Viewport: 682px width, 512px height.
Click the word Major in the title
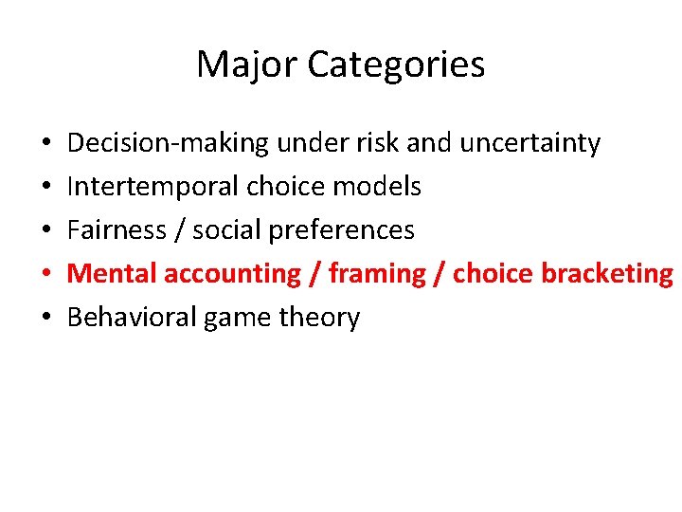247,64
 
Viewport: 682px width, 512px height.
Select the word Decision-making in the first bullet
169,143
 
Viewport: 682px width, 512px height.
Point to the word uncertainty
529,143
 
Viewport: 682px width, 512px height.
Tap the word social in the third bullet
229,230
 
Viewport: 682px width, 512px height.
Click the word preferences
345,230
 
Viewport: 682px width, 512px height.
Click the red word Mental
112,274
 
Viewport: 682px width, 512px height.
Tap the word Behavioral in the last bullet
131,318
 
